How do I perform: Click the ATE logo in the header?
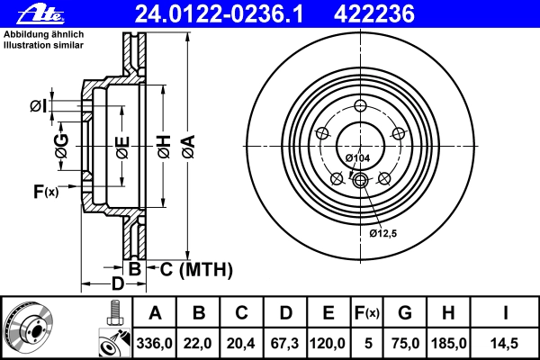pyautogui.click(x=40, y=14)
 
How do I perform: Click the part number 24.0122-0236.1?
pyautogui.click(x=219, y=14)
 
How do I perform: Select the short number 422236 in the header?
pyautogui.click(x=374, y=14)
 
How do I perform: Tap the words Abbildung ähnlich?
pyautogui.click(x=44, y=34)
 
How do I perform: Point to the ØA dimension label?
pyautogui.click(x=189, y=147)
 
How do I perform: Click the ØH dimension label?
pyautogui.click(x=165, y=147)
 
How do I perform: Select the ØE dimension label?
pyautogui.click(x=122, y=148)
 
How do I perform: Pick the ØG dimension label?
pyautogui.click(x=61, y=146)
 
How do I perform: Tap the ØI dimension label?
pyautogui.click(x=38, y=106)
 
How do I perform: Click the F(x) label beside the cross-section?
pyautogui.click(x=46, y=191)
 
